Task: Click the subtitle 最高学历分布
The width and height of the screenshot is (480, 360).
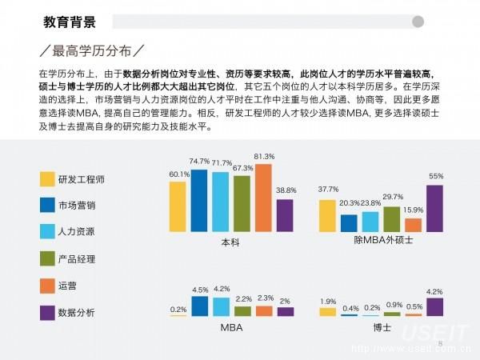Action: click(95, 52)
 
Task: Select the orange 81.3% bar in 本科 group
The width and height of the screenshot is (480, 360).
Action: click(263, 197)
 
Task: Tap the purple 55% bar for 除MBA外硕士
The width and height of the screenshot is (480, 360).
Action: click(435, 208)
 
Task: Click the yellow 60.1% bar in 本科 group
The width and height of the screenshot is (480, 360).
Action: click(178, 206)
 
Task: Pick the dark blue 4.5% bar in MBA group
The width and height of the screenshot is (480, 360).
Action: click(200, 306)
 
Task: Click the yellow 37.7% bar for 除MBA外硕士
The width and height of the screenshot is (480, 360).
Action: click(327, 215)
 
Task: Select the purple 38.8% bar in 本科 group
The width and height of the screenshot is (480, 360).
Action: click(286, 214)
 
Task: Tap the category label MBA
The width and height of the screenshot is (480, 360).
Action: click(231, 328)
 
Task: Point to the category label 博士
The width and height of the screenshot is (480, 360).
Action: click(382, 327)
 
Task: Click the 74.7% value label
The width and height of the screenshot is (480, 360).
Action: click(199, 162)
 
